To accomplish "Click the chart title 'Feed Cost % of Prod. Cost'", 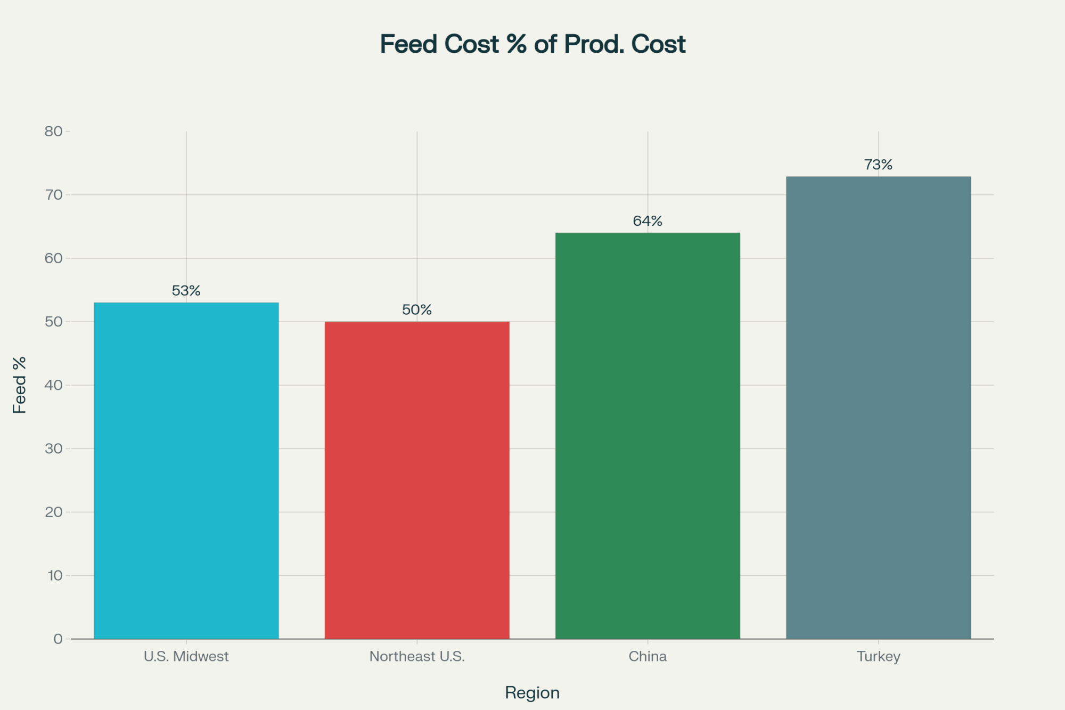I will click(532, 44).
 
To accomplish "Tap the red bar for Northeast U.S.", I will click(417, 480).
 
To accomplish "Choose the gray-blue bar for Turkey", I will click(878, 407).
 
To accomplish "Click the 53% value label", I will click(186, 291).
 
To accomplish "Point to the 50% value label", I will click(417, 310).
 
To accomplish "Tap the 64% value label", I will click(648, 221).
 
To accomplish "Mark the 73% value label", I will click(878, 165).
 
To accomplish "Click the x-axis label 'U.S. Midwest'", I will click(186, 656).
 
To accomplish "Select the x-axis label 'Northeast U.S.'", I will click(417, 656).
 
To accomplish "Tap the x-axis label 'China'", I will click(648, 656).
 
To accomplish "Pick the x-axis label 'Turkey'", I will click(878, 656).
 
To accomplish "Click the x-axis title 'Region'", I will click(532, 692).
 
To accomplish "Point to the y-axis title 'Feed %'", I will click(20, 385).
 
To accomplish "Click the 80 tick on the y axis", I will click(54, 132).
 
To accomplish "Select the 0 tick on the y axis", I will click(58, 639).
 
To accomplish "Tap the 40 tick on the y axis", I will click(54, 385).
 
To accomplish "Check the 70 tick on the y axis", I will click(54, 195).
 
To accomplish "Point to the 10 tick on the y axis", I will click(55, 575).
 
